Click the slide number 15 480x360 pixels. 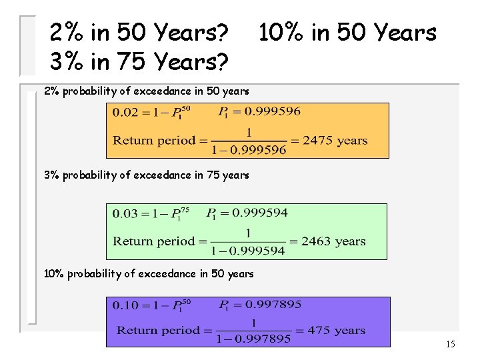point(451,345)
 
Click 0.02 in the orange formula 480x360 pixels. point(125,113)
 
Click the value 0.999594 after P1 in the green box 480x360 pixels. point(261,213)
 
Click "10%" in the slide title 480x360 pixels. point(280,32)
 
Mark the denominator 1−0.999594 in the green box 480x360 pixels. point(248,251)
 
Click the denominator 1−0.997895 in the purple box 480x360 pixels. point(253,339)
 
